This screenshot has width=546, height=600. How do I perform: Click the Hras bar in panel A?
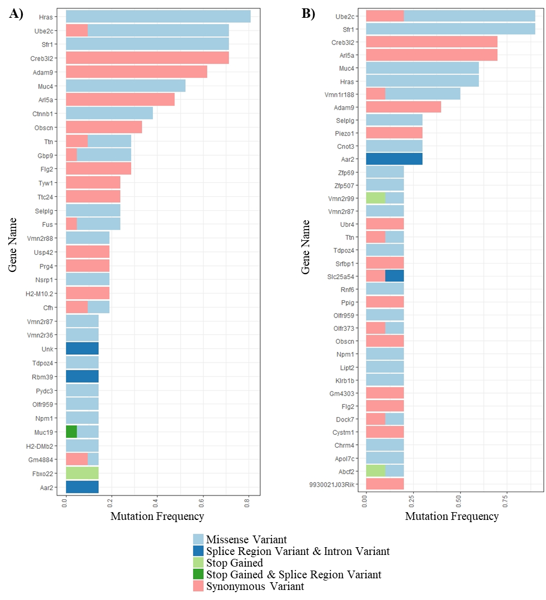(x=158, y=17)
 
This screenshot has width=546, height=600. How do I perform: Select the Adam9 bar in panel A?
(x=136, y=71)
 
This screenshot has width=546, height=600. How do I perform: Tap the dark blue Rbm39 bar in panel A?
(x=82, y=376)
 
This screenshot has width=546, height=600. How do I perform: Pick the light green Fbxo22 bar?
(x=82, y=473)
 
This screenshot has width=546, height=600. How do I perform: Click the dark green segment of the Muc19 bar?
(x=71, y=432)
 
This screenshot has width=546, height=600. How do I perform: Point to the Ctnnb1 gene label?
(x=43, y=113)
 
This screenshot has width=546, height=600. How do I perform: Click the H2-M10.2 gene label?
(x=40, y=293)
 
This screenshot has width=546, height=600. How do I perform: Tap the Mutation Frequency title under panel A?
(x=157, y=516)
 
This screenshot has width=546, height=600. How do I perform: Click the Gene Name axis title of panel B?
(x=305, y=247)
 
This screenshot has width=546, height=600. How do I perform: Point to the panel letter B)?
(x=309, y=14)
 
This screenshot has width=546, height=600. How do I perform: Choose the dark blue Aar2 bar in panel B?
(x=394, y=159)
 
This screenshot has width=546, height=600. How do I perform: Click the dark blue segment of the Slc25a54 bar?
(x=394, y=276)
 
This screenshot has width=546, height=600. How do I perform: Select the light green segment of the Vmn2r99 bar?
(x=375, y=198)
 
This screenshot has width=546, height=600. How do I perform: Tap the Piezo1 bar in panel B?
(x=394, y=133)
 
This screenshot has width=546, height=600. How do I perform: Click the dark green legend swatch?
(x=198, y=574)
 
